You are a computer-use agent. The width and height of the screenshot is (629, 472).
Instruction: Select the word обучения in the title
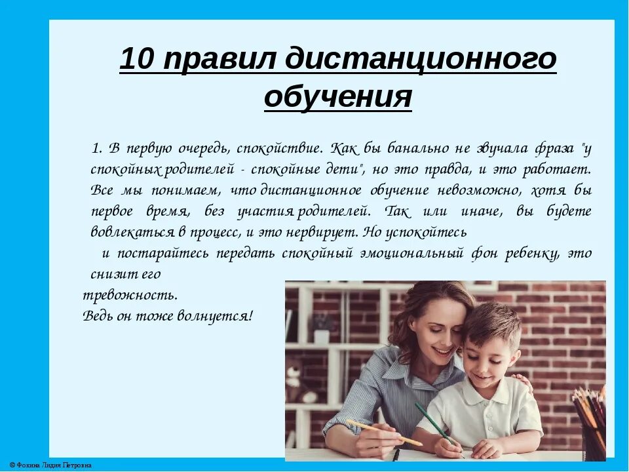coord(338,98)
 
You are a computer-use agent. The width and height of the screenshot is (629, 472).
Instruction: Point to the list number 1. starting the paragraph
coord(98,147)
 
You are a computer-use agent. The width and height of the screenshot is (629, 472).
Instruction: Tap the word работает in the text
coord(556,168)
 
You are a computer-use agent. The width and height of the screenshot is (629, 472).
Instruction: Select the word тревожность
coord(130,294)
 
